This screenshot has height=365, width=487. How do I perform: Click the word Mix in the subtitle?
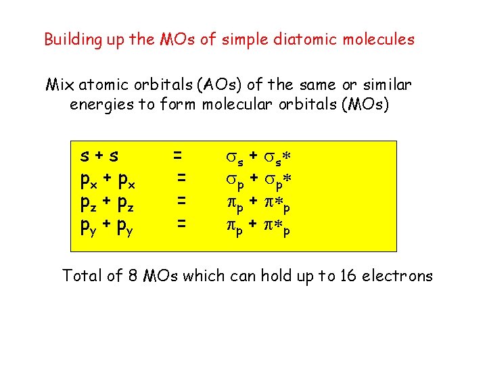(x=60, y=85)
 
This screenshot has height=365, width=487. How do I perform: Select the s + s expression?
(x=99, y=157)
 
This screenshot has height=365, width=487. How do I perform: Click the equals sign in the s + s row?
(x=177, y=155)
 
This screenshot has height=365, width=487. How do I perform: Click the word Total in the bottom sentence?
(x=81, y=275)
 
